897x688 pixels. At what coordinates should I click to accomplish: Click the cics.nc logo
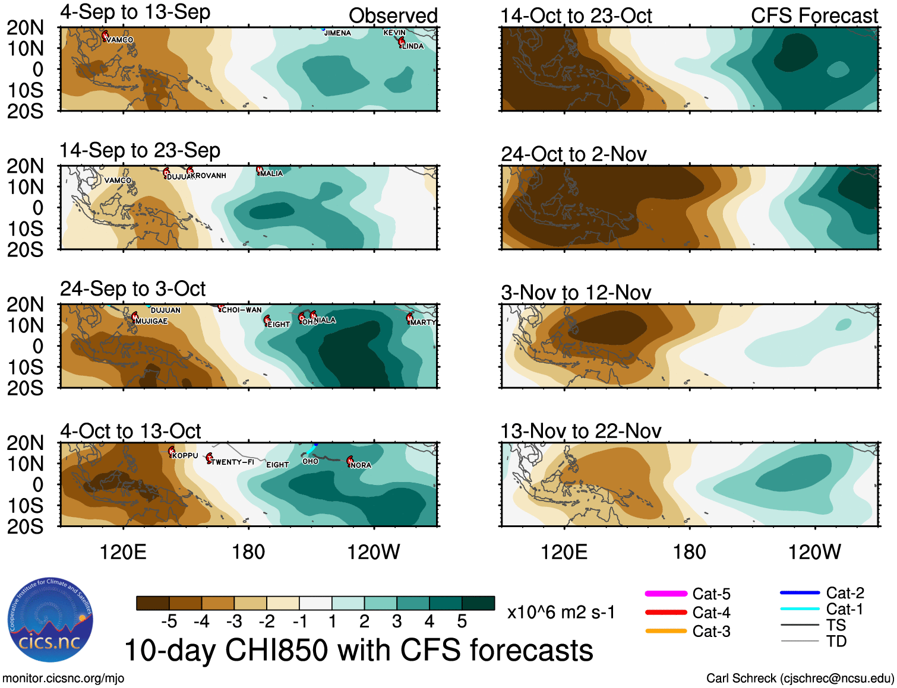[x=50, y=620]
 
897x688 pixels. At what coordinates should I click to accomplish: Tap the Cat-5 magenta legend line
[x=666, y=594]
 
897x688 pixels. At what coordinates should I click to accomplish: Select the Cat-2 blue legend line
[x=800, y=592]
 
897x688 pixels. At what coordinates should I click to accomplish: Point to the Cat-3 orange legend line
[x=666, y=631]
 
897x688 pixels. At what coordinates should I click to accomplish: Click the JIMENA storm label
[x=337, y=33]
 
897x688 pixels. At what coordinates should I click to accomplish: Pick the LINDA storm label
[x=413, y=46]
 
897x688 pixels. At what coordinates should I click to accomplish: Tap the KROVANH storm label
[x=209, y=176]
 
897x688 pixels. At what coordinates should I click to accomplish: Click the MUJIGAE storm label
[x=152, y=321]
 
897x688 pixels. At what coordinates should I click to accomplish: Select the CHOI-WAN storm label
[x=241, y=310]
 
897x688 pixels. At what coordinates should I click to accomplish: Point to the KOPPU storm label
[x=185, y=455]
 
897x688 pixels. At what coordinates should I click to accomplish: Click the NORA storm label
[x=361, y=465]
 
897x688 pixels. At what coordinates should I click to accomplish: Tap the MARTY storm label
[x=423, y=322]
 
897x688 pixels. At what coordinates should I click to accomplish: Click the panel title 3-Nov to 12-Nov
[x=576, y=293]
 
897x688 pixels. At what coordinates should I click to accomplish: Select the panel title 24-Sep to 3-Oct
[x=132, y=289]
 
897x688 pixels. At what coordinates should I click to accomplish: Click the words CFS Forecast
[x=814, y=16]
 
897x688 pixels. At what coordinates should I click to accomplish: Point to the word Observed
[x=393, y=16]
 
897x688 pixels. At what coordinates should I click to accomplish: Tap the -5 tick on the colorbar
[x=169, y=622]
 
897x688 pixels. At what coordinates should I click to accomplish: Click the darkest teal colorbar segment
[x=478, y=603]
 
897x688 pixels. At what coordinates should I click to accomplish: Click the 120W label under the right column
[x=814, y=552]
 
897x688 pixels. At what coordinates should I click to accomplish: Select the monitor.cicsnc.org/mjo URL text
[x=64, y=678]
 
